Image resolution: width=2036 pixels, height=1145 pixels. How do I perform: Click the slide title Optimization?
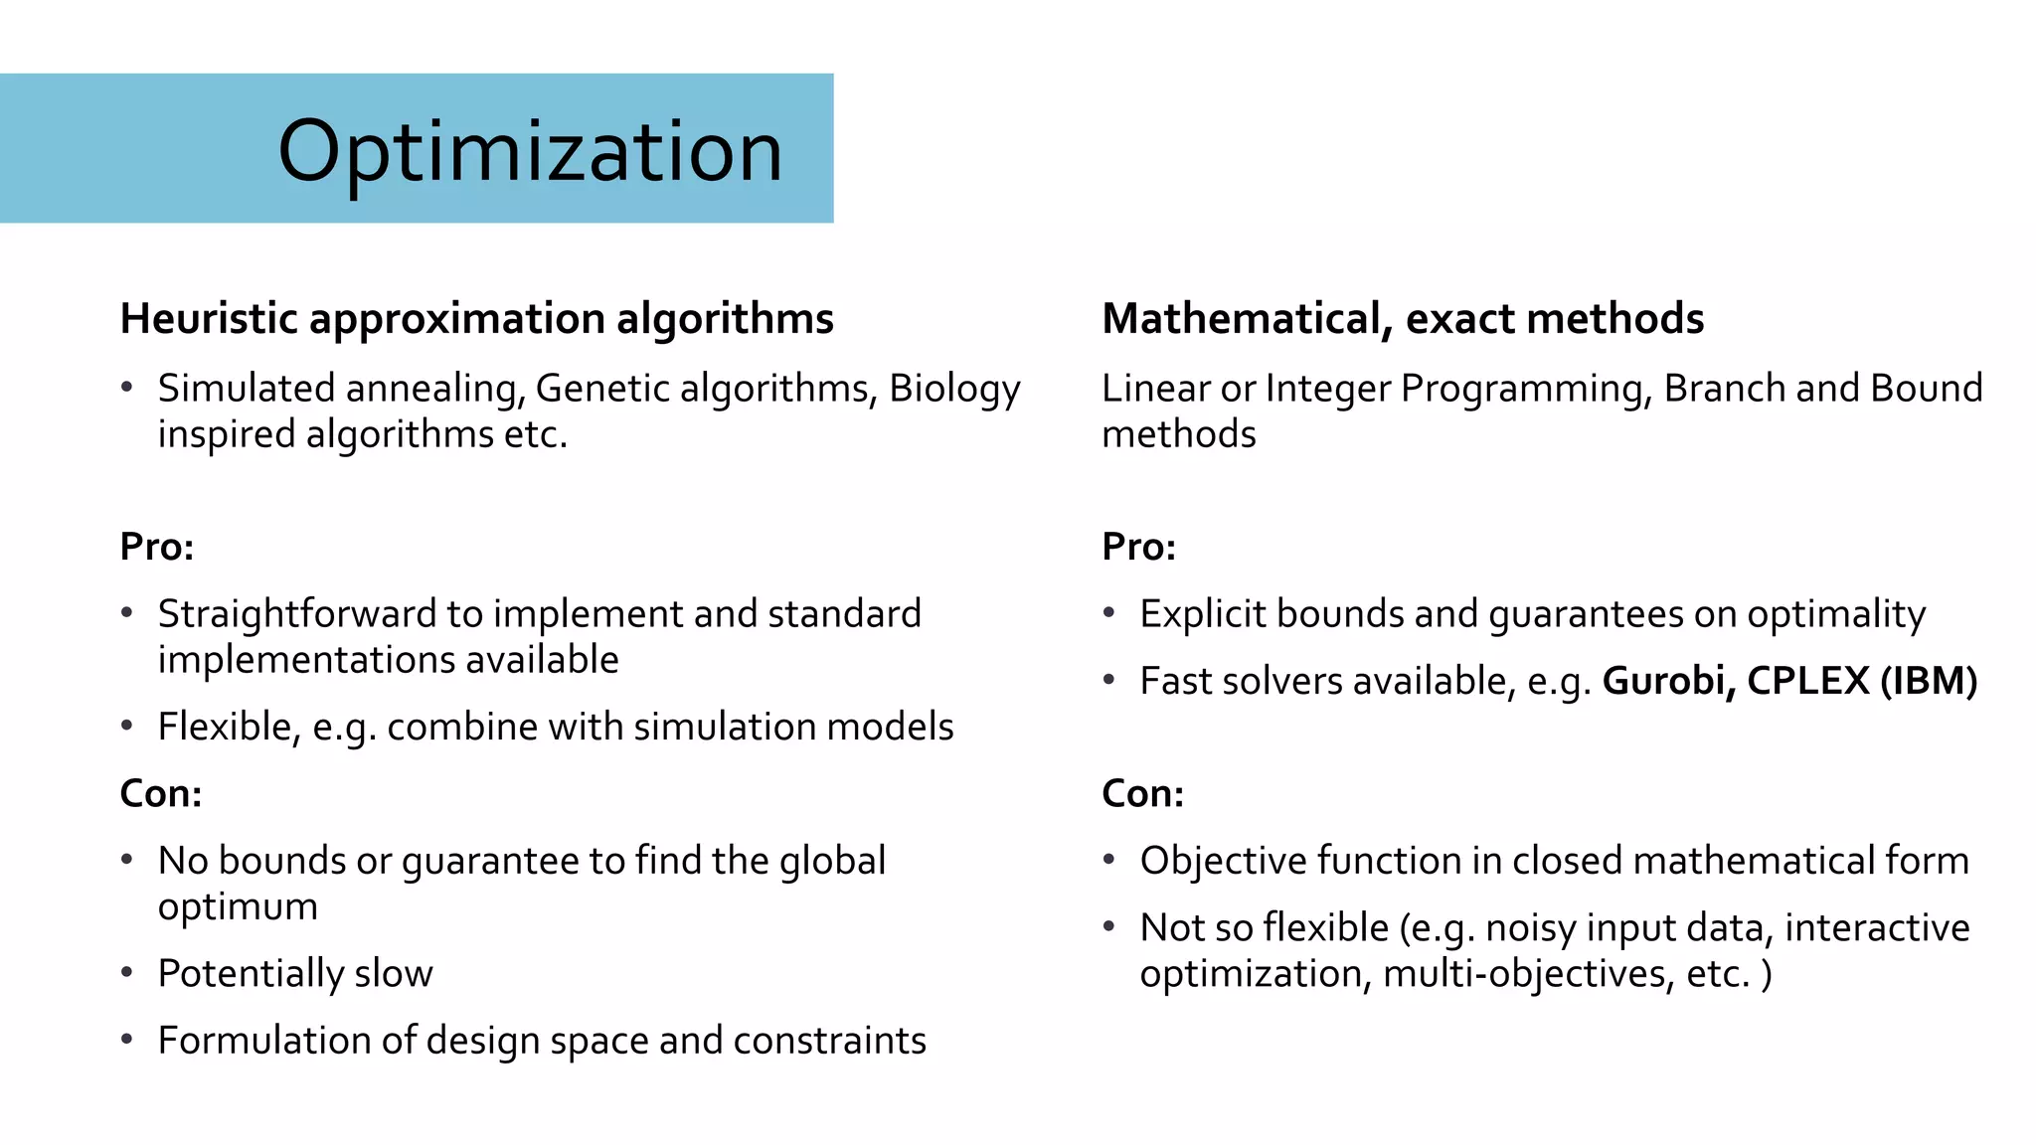530,151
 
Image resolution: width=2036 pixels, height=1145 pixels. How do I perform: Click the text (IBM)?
1929,681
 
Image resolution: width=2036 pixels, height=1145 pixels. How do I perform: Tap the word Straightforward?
296,615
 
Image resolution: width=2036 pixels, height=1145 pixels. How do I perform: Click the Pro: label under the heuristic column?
157,547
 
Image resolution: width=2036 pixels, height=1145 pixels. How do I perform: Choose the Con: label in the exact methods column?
1143,793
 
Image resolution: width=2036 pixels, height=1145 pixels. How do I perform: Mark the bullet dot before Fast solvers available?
1109,680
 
